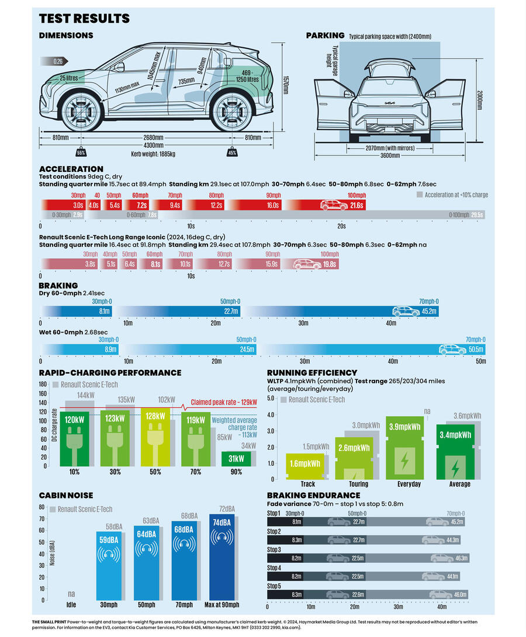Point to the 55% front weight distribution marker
[81, 153]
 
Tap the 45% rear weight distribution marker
[232, 153]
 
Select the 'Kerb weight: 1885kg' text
[153, 154]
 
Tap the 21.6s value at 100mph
[356, 205]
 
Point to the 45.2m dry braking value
[429, 311]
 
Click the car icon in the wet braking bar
[453, 349]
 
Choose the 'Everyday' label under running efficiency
[409, 484]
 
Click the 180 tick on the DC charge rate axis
[43, 384]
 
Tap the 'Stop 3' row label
[274, 550]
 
